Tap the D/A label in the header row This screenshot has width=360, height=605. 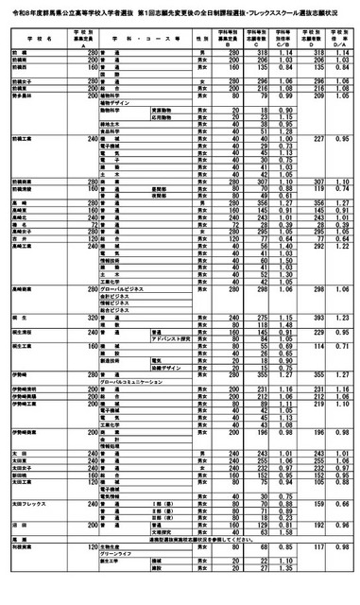click(336, 47)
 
